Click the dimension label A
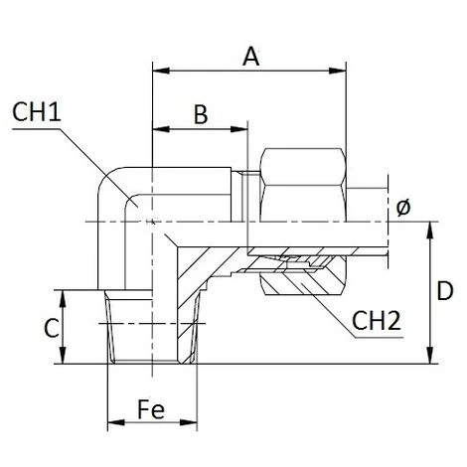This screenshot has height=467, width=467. click(x=251, y=58)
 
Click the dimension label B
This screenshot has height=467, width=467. click(x=200, y=115)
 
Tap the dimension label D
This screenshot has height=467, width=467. click(x=448, y=293)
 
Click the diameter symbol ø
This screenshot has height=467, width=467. click(x=403, y=207)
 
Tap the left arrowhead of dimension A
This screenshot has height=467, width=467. click(x=157, y=71)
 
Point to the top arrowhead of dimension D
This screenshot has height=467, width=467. click(x=429, y=227)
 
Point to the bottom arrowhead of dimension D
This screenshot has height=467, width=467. click(x=429, y=359)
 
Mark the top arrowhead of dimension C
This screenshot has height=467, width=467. click(x=64, y=295)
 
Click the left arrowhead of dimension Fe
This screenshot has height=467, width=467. click(x=112, y=424)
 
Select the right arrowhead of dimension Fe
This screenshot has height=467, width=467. click(x=191, y=424)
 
